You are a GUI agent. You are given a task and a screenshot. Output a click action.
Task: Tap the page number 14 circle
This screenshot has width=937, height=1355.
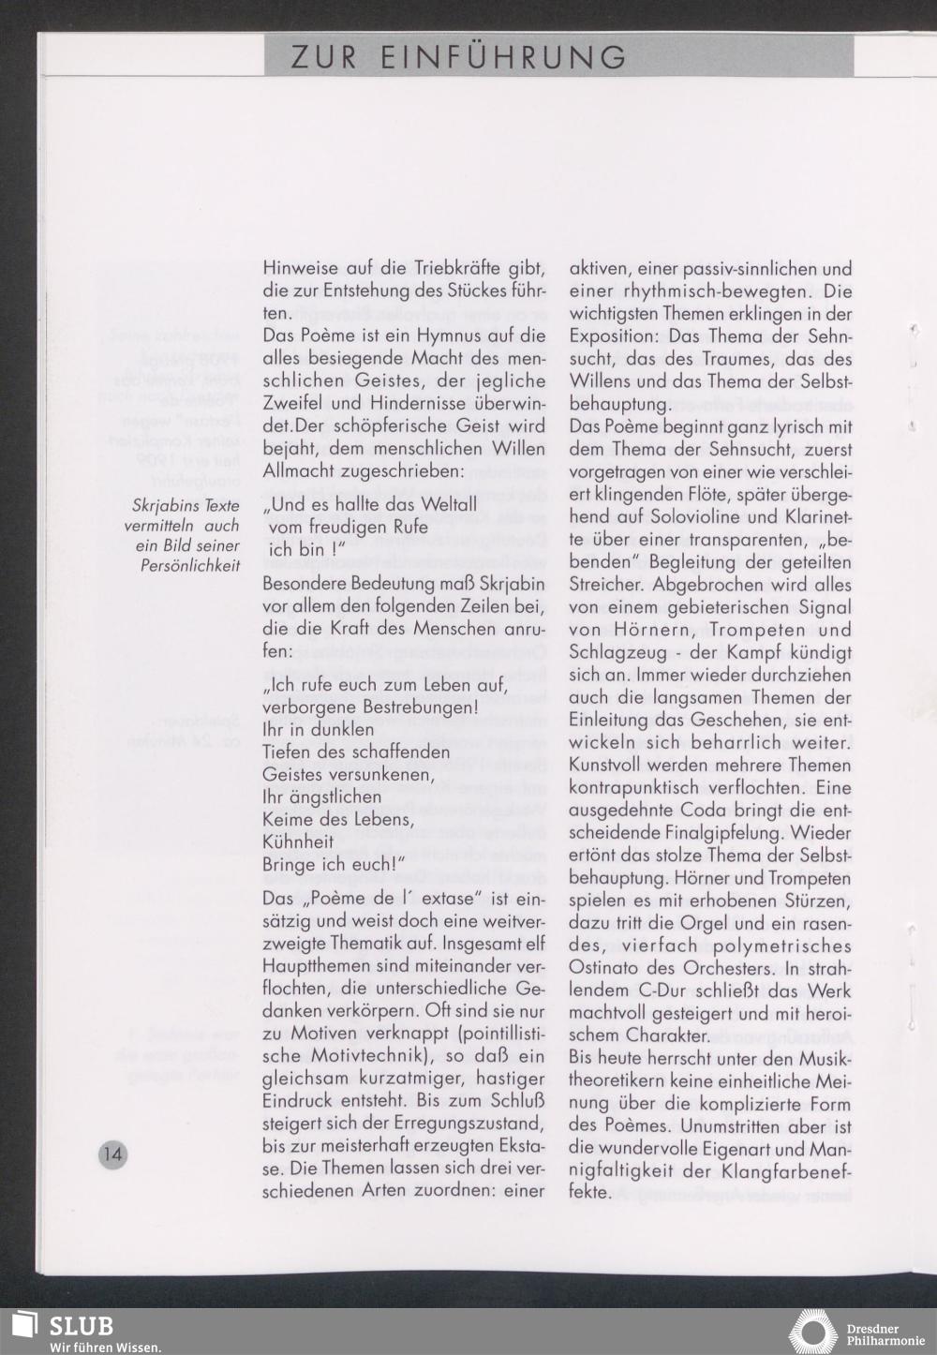(112, 1154)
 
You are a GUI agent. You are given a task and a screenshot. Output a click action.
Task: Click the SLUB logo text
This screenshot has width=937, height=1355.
(82, 1326)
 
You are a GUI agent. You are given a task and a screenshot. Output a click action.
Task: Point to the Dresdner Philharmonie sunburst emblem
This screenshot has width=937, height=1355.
(812, 1332)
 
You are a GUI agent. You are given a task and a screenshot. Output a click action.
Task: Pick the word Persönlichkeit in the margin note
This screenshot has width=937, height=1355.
(191, 566)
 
